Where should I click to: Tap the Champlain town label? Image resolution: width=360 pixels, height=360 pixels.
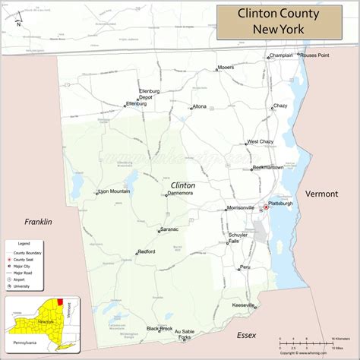pos(280,55)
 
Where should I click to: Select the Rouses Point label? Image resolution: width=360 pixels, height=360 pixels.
pos(314,55)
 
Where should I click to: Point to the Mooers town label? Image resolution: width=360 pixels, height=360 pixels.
pos(226,67)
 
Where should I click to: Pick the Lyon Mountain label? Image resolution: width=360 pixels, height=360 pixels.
pos(115,191)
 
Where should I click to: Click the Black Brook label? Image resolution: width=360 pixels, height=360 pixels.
pos(159,328)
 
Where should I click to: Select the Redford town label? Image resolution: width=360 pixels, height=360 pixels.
pos(146,251)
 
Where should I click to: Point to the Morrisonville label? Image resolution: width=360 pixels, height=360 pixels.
pos(241,207)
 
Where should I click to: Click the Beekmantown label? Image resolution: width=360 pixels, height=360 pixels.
pos(268,167)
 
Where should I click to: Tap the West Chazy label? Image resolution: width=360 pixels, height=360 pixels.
pos(260,141)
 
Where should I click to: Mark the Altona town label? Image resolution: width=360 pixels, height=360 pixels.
pos(200,106)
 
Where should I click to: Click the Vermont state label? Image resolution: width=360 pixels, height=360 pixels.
pos(321,194)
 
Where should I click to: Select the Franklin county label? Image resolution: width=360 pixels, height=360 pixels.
pos(37,222)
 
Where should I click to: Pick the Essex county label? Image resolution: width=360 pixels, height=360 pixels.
pos(247,335)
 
